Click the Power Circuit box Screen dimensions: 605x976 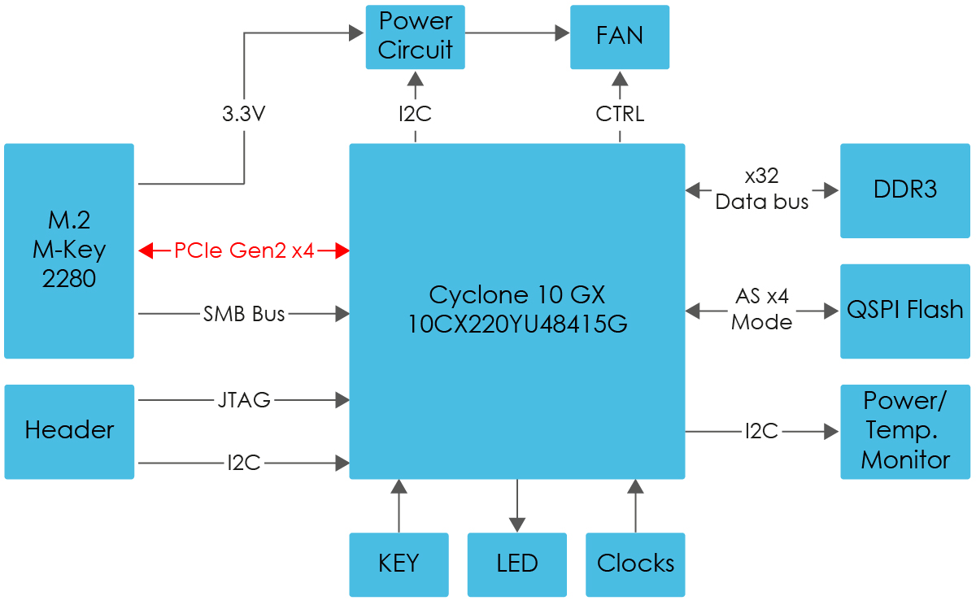pyautogui.click(x=415, y=37)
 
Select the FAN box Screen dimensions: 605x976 pyautogui.click(x=620, y=37)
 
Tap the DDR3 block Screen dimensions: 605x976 pyautogui.click(x=904, y=190)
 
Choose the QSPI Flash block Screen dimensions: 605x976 pyautogui.click(x=904, y=311)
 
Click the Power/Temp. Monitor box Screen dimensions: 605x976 pyautogui.click(x=904, y=431)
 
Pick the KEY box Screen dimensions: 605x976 pyautogui.click(x=399, y=564)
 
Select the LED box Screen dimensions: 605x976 pyautogui.click(x=516, y=564)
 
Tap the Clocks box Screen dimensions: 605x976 pyautogui.click(x=635, y=564)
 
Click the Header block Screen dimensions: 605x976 pyautogui.click(x=69, y=431)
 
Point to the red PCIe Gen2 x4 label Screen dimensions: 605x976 pyautogui.click(x=244, y=251)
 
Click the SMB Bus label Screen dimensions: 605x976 pyautogui.click(x=244, y=313)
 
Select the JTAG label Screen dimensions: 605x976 pyautogui.click(x=244, y=400)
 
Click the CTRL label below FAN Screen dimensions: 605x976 pyautogui.click(x=620, y=115)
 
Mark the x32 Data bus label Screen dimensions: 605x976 pyautogui.click(x=762, y=190)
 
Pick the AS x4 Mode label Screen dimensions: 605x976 pyautogui.click(x=762, y=311)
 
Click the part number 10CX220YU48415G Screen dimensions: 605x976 pyautogui.click(x=517, y=324)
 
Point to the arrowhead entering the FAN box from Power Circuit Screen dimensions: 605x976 pyautogui.click(x=562, y=33)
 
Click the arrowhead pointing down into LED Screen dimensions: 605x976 pyautogui.click(x=516, y=524)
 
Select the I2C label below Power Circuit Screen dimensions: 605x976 pyautogui.click(x=415, y=115)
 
